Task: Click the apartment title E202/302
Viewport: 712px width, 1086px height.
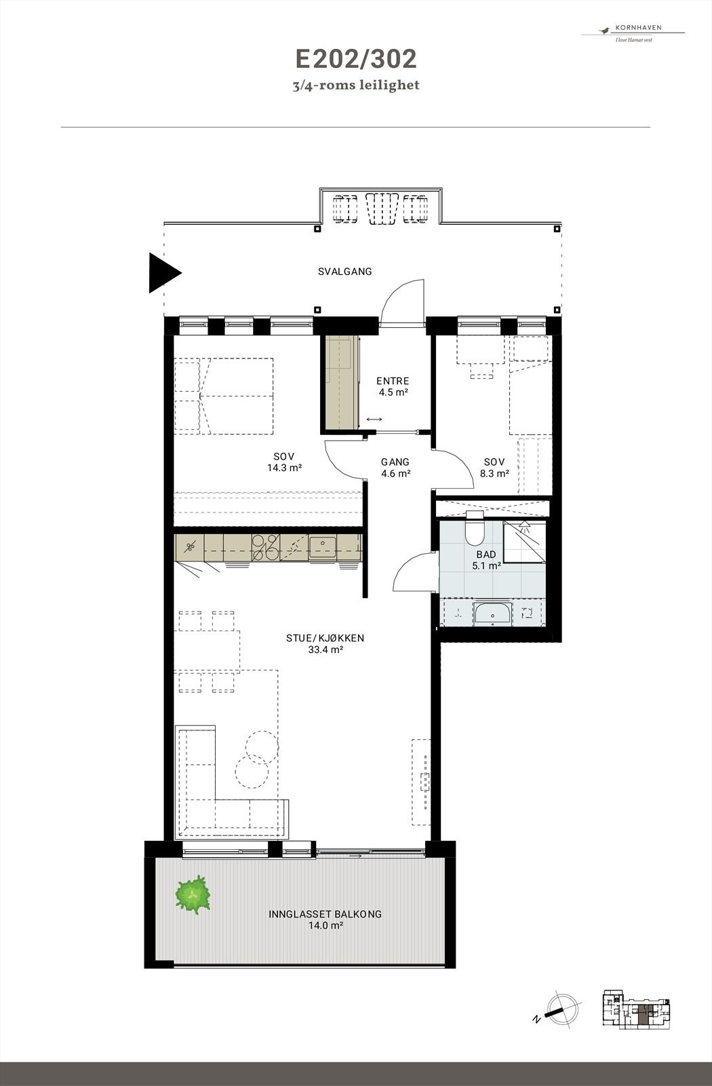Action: pyautogui.click(x=355, y=60)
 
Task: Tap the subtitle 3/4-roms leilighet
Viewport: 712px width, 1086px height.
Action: pyautogui.click(x=355, y=86)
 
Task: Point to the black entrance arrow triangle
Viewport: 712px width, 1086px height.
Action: pyautogui.click(x=163, y=273)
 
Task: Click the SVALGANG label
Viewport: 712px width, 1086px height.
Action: pyautogui.click(x=345, y=271)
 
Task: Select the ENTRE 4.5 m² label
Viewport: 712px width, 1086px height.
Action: pyautogui.click(x=393, y=386)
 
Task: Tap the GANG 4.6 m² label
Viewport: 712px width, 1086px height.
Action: pyautogui.click(x=396, y=468)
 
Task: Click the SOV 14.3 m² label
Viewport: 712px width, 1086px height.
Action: pyautogui.click(x=284, y=462)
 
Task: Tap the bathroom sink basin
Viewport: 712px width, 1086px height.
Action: pyautogui.click(x=493, y=614)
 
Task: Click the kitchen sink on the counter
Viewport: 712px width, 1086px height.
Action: pyautogui.click(x=323, y=546)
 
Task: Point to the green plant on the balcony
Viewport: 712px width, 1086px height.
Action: pyautogui.click(x=193, y=894)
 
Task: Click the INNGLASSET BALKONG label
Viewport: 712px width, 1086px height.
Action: pyautogui.click(x=325, y=919)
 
